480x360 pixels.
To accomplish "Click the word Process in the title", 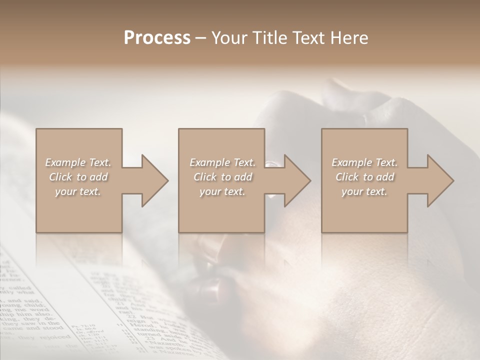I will (157, 38).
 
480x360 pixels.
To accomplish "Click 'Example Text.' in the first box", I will (78, 162).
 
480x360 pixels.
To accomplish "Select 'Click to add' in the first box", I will (78, 177).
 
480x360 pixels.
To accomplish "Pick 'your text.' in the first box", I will (78, 191).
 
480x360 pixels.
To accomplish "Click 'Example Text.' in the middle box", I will (222, 162).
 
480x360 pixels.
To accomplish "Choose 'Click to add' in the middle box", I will (222, 177).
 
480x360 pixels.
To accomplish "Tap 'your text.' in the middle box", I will (222, 191).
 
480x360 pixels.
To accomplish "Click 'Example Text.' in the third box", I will (364, 162).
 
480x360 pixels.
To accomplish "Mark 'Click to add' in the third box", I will (364, 177).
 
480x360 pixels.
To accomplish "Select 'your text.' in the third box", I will (364, 191).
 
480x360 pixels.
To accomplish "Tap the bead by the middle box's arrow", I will (270, 163).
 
